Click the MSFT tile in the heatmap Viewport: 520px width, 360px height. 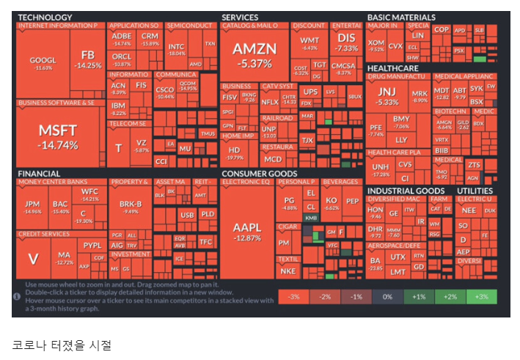pyautogui.click(x=58, y=136)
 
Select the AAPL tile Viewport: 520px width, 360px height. pyautogui.click(x=247, y=231)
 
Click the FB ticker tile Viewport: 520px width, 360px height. pyautogui.click(x=88, y=59)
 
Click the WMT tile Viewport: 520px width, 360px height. pyautogui.click(x=310, y=43)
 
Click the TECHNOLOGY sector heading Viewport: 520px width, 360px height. pyautogui.click(x=45, y=17)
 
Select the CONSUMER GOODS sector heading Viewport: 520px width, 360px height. pyautogui.click(x=260, y=174)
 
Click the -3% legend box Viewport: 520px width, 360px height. pyautogui.click(x=293, y=296)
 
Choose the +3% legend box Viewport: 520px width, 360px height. pyautogui.click(x=481, y=296)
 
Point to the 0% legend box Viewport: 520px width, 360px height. pyautogui.click(x=387, y=296)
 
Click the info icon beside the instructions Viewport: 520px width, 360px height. pyautogui.click(x=17, y=296)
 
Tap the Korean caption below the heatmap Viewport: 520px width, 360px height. pyautogui.click(x=62, y=343)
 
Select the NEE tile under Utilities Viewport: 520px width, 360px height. pyautogui.click(x=469, y=210)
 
